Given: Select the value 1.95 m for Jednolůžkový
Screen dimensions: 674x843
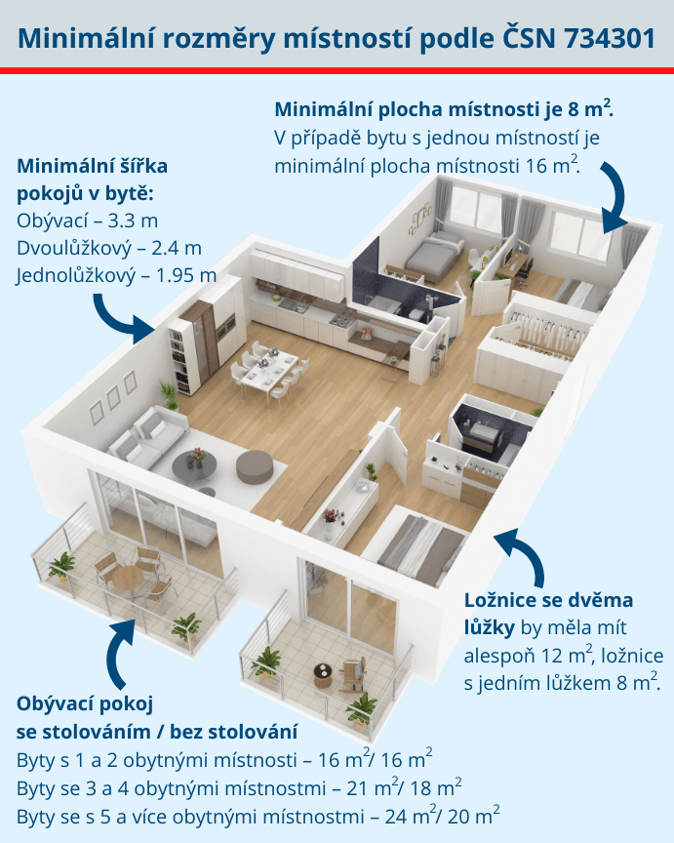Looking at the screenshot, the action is pyautogui.click(x=186, y=275).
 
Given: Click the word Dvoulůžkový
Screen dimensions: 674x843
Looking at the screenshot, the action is pyautogui.click(x=73, y=249).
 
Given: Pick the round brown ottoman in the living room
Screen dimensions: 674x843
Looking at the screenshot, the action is pyautogui.click(x=255, y=466).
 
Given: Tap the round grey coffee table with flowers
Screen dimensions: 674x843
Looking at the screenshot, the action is pyautogui.click(x=194, y=465).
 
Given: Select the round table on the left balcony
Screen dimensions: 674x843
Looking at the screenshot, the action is pyautogui.click(x=128, y=579).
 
